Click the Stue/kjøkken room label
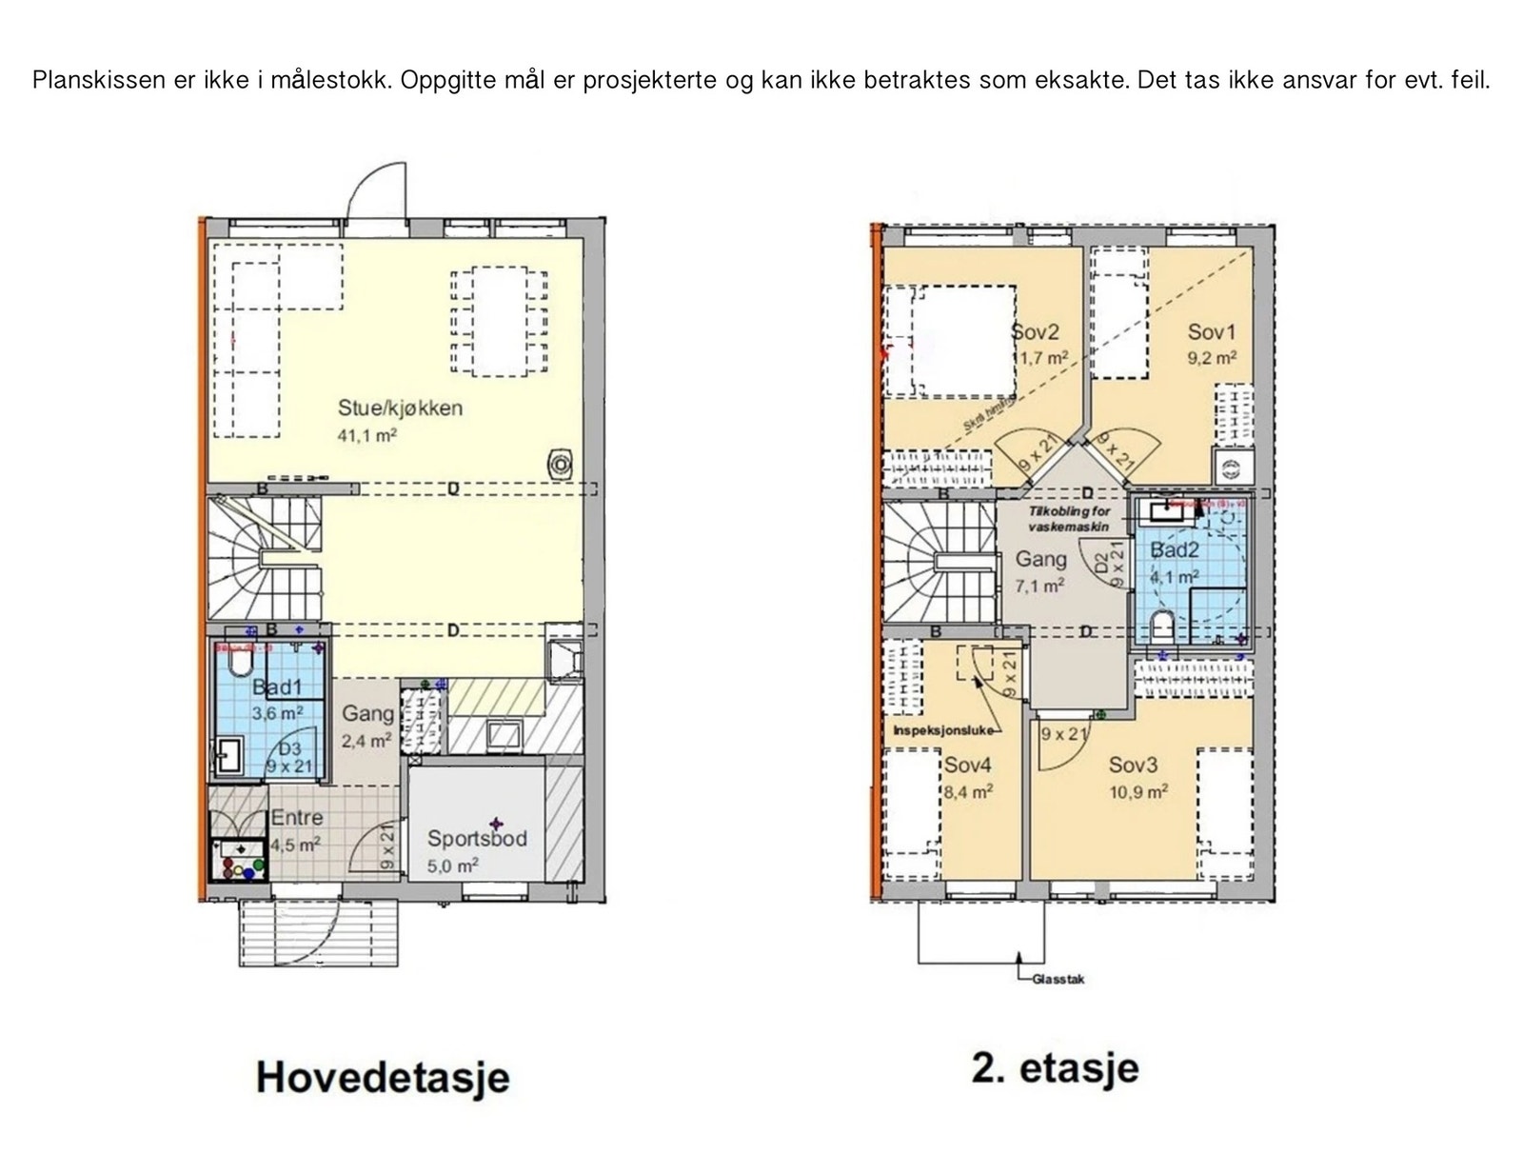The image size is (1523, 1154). pyautogui.click(x=400, y=408)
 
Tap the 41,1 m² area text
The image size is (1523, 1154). pyautogui.click(x=366, y=436)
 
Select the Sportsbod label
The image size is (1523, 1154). pyautogui.click(x=476, y=839)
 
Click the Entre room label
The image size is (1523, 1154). pyautogui.click(x=297, y=818)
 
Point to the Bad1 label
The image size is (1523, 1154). pyautogui.click(x=277, y=687)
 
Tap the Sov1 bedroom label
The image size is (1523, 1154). pyautogui.click(x=1211, y=332)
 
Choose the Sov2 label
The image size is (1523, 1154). pyautogui.click(x=1036, y=332)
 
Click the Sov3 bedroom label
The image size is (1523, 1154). pyautogui.click(x=1133, y=765)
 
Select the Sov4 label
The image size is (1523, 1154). pyautogui.click(x=968, y=765)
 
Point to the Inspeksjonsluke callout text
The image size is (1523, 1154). pyautogui.click(x=942, y=731)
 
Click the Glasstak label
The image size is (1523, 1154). pyautogui.click(x=1058, y=979)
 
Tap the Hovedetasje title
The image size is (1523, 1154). pyautogui.click(x=383, y=1077)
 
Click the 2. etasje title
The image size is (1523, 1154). pyautogui.click(x=1055, y=1068)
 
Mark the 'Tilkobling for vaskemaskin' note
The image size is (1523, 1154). pyautogui.click(x=1068, y=519)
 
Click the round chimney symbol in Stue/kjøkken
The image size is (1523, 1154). pyautogui.click(x=560, y=465)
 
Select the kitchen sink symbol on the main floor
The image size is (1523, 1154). pyautogui.click(x=503, y=734)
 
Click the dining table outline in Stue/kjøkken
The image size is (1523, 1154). pyautogui.click(x=499, y=322)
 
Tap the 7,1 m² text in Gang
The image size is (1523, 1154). pyautogui.click(x=1039, y=586)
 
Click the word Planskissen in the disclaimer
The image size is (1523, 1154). pyautogui.click(x=98, y=80)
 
